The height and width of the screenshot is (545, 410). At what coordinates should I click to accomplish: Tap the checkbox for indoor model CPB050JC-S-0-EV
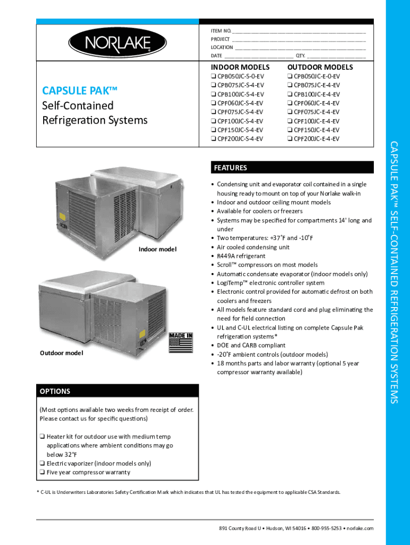point(214,76)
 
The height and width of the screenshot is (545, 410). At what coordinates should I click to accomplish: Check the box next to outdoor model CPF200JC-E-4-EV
point(290,139)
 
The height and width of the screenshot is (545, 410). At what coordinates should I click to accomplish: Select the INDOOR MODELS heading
point(240,67)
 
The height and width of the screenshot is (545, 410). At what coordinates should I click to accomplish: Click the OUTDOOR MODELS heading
point(320,67)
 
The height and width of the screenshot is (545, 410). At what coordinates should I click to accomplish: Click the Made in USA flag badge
point(181,342)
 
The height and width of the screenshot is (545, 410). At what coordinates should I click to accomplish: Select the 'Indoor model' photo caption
point(157,249)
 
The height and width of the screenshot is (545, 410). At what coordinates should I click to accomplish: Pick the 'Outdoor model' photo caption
point(61,352)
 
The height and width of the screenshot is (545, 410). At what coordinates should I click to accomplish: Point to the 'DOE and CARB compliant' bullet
point(251,345)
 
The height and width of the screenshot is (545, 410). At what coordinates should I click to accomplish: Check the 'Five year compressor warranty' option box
point(42,472)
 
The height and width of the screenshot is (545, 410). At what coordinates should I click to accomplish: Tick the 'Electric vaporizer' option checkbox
point(42,464)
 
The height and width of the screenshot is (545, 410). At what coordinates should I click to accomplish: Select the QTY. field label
point(300,55)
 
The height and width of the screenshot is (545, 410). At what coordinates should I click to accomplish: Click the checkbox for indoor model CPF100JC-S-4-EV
point(214,121)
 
